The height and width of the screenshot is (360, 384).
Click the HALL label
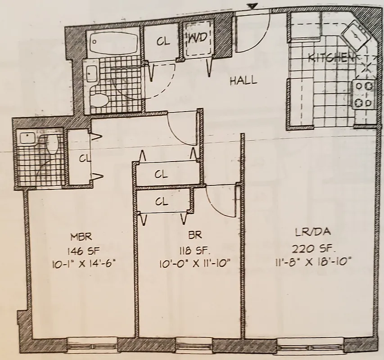pyautogui.click(x=244, y=81)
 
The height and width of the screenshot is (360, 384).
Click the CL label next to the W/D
pyautogui.click(x=163, y=41)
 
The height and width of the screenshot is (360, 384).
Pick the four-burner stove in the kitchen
pyautogui.click(x=364, y=94)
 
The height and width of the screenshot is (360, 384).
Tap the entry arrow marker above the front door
pyautogui.click(x=253, y=6)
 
